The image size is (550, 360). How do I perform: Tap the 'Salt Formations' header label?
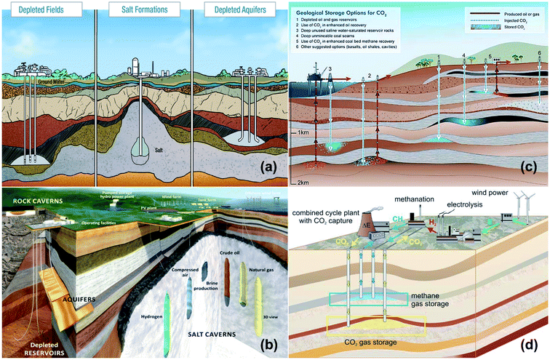point(138,10)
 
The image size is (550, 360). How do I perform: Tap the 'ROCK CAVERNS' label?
point(33,195)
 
